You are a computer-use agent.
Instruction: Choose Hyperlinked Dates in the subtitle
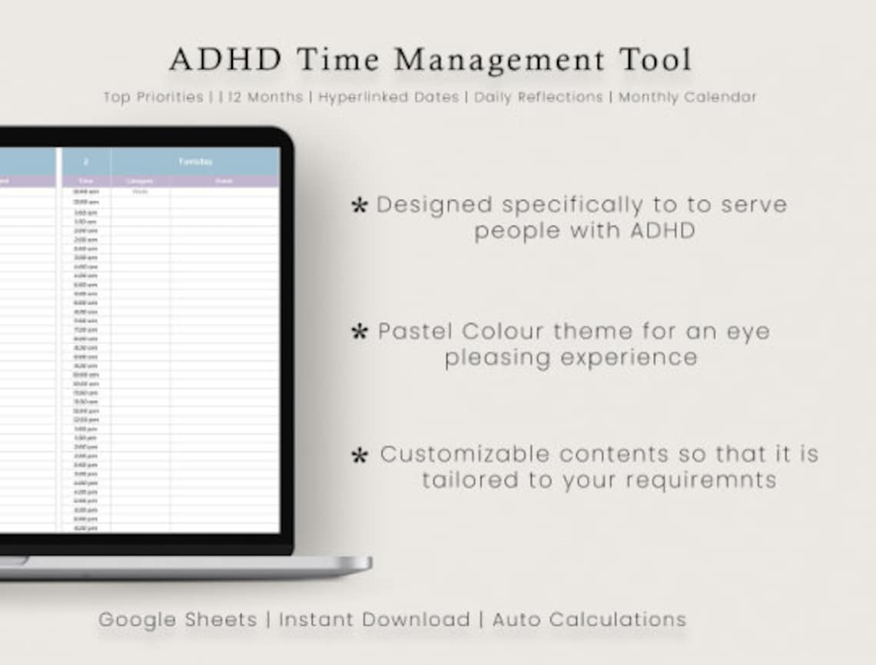[x=388, y=98]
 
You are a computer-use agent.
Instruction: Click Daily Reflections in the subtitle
[x=538, y=98]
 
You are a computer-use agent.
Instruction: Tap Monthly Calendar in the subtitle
[x=688, y=98]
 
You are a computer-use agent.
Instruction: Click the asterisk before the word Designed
[x=359, y=206]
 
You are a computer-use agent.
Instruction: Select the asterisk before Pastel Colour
[x=359, y=332]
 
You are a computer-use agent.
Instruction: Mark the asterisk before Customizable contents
[x=359, y=456]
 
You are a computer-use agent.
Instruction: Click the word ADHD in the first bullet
[x=662, y=230]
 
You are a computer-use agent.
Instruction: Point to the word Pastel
[x=416, y=332]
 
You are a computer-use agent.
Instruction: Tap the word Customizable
[x=465, y=454]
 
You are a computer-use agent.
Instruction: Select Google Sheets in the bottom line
[x=178, y=620]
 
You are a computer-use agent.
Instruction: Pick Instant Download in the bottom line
[x=374, y=620]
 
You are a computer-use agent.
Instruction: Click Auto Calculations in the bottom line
[x=589, y=620]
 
